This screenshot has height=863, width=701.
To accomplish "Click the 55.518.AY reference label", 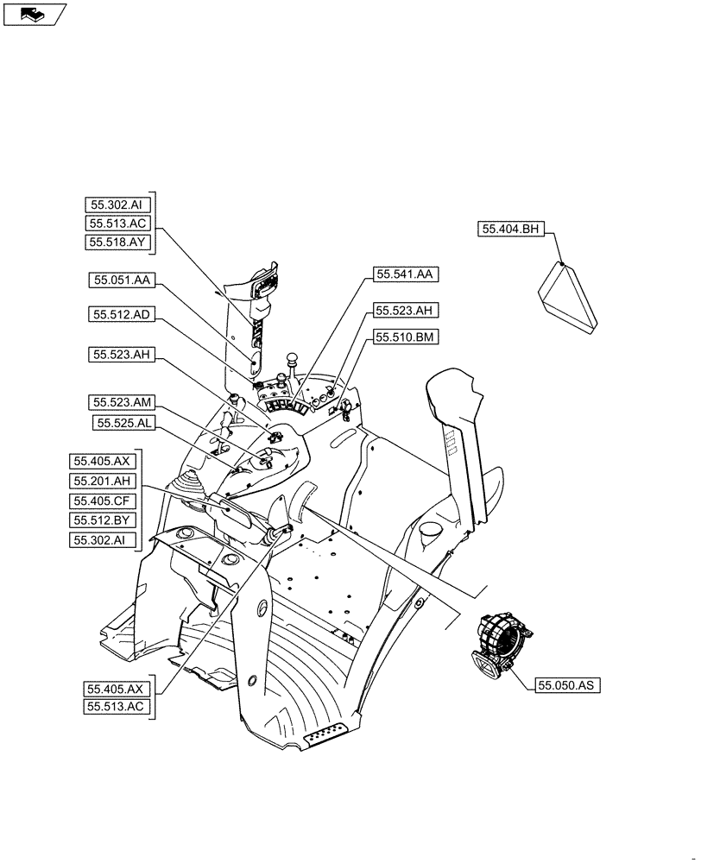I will coord(119,243).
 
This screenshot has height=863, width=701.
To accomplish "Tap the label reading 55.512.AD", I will coord(122,316).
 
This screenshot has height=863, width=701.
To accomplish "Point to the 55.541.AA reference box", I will coord(407,274).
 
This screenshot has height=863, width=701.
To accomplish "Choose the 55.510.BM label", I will coord(406,337).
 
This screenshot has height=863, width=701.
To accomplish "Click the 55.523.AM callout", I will coord(122,403).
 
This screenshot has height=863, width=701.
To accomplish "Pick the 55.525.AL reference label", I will coord(125,423).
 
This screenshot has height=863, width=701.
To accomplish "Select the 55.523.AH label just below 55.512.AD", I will coord(122,355).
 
